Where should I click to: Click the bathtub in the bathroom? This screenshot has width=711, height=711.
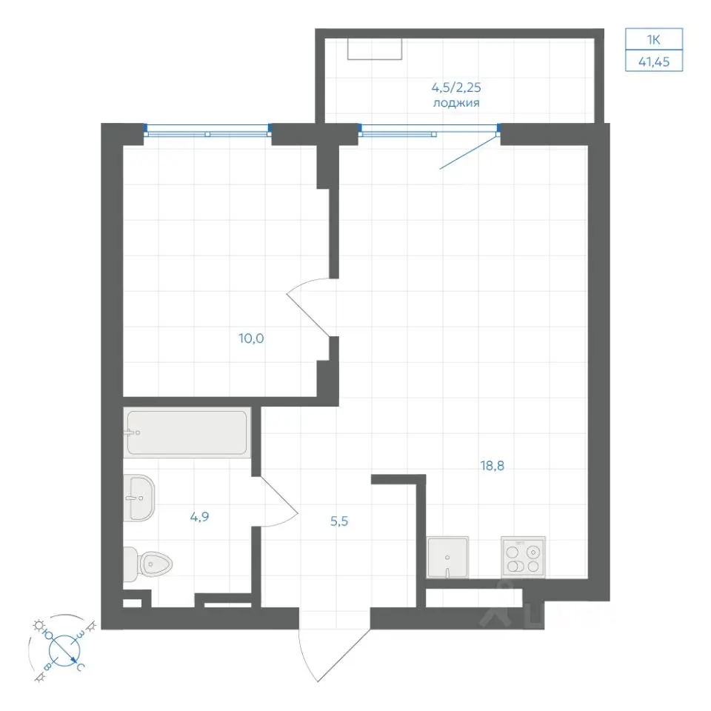coord(187,432)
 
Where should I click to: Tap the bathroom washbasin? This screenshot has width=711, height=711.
coord(138,498)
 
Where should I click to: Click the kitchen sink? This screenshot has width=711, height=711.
coord(447,557)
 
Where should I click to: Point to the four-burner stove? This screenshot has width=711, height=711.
coord(524,557)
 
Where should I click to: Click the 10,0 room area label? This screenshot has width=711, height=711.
coord(251,338)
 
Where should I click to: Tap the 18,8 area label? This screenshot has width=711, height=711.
coord(492,465)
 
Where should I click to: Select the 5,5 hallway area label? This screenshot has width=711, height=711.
coord(339,521)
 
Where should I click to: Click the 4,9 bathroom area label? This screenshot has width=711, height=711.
coord(199,516)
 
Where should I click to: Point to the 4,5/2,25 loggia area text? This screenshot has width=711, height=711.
coord(456,87)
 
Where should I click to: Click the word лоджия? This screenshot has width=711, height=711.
coord(456,103)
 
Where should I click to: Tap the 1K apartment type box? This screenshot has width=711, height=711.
coord(654,39)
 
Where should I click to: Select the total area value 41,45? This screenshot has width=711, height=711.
coord(654,61)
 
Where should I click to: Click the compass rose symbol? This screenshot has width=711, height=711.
coord(65,650)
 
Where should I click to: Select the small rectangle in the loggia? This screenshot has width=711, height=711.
coord(375,49)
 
